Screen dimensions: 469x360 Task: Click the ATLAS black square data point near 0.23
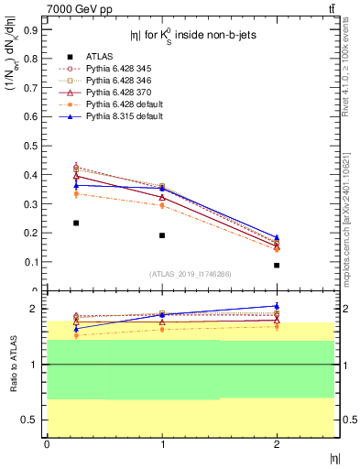point(76,223)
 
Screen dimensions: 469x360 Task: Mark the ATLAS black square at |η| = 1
point(162,235)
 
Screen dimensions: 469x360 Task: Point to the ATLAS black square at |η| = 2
point(277,265)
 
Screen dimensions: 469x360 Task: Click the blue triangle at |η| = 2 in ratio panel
point(277,306)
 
